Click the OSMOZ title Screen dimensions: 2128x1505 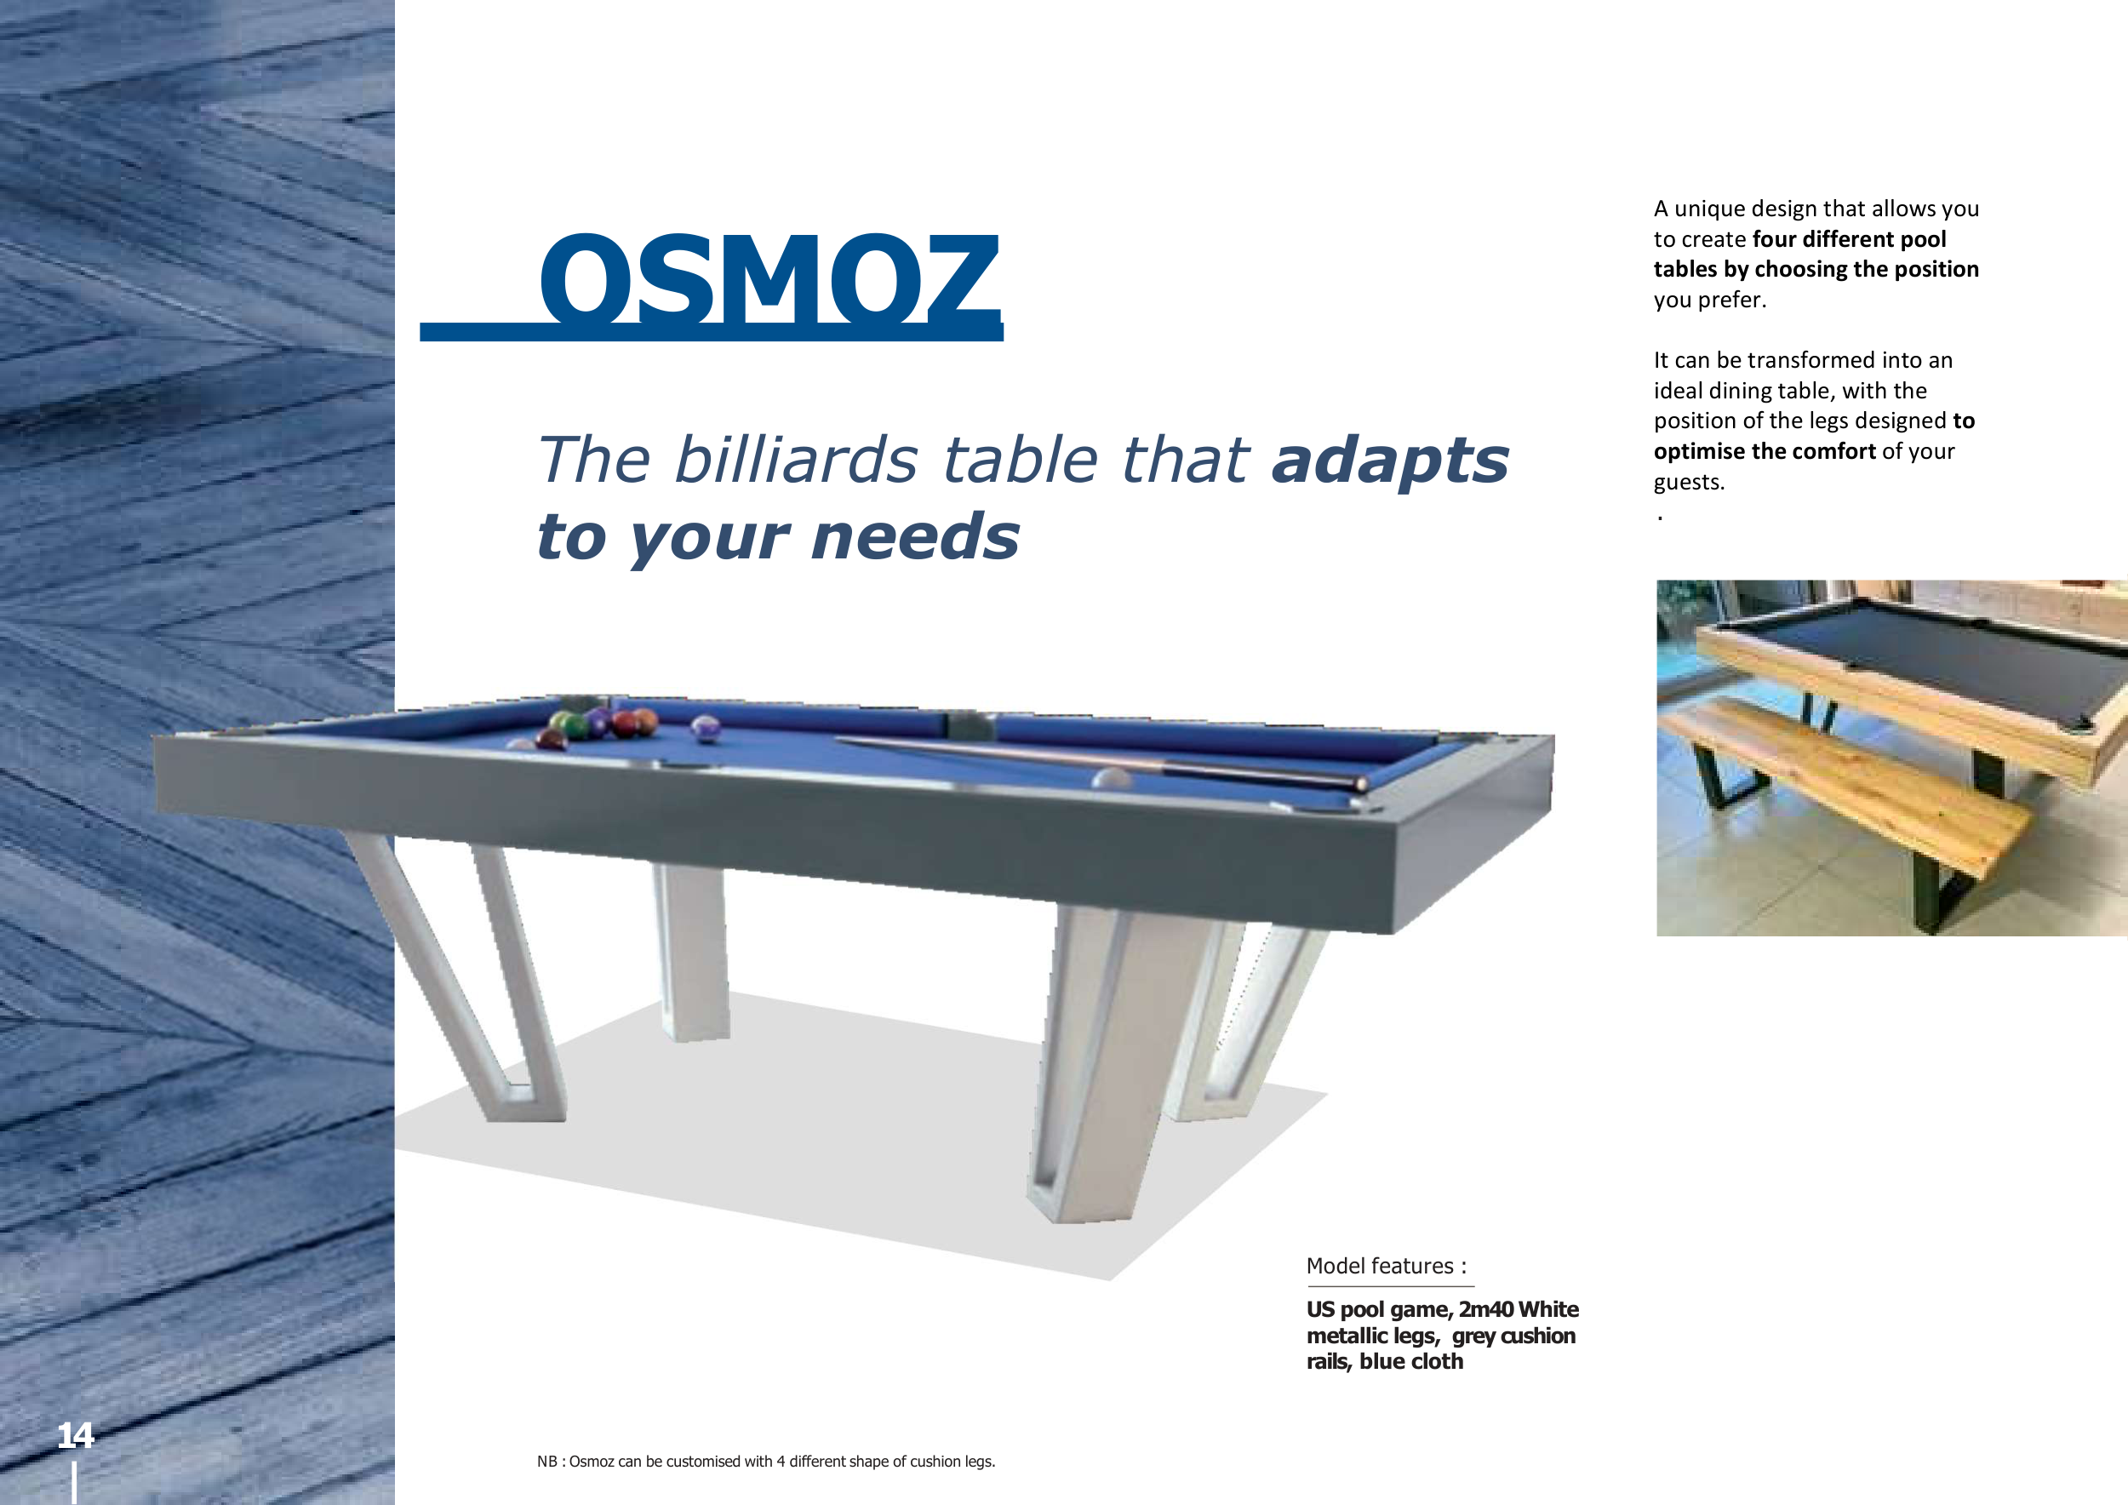tap(769, 278)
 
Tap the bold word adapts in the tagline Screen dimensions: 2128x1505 tap(1390, 461)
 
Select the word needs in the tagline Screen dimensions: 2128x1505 tap(916, 536)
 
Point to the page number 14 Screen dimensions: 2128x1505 tap(75, 1435)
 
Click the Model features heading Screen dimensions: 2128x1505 tap(1387, 1266)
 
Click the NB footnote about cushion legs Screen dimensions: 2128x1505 tap(765, 1462)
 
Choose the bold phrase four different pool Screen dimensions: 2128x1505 tap(1849, 239)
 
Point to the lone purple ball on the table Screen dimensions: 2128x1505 tap(706, 729)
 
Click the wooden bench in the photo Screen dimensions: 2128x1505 tap(1854, 787)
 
